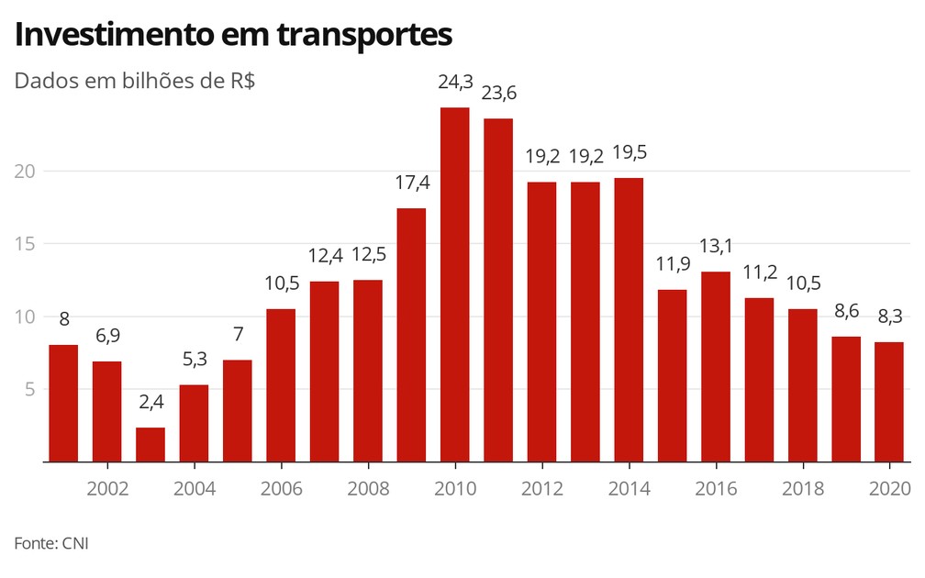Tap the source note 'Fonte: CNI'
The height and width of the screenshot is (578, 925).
51,543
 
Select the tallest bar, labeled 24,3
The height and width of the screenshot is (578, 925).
455,284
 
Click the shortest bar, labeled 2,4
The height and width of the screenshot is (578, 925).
150,444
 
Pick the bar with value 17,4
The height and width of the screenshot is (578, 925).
411,335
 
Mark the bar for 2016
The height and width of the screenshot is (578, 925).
716,366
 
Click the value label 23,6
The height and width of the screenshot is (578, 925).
498,94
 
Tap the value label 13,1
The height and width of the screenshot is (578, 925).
716,247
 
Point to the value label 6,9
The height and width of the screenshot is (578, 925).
107,337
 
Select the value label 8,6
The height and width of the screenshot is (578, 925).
846,312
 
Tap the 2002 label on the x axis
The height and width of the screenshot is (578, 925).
107,488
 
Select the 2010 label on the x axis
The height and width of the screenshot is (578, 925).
455,488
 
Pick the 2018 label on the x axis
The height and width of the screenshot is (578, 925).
803,488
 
